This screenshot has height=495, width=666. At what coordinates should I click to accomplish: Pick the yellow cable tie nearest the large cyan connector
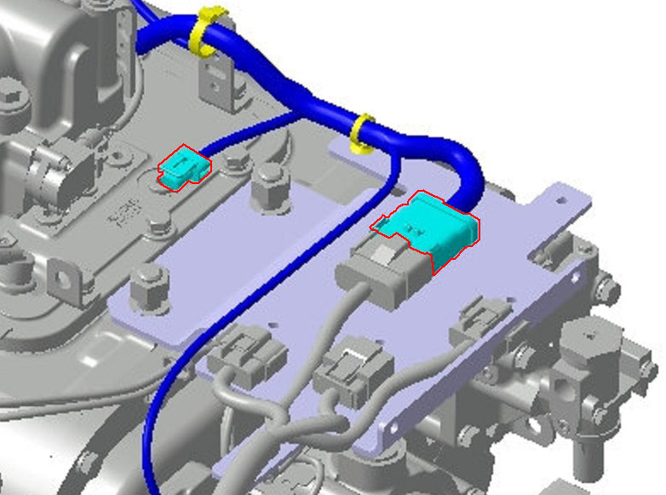pos(363,134)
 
